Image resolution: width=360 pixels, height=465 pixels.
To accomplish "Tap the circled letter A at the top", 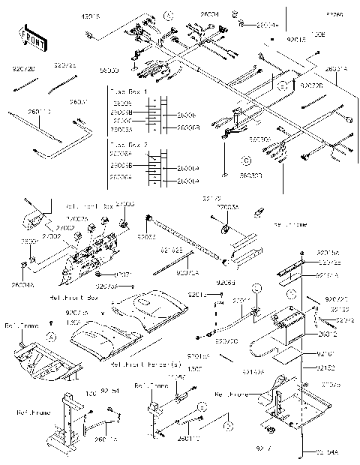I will [169, 16].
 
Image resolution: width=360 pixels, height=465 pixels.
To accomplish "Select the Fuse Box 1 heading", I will [128, 91].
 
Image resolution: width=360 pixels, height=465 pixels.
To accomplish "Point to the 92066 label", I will [226, 283].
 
